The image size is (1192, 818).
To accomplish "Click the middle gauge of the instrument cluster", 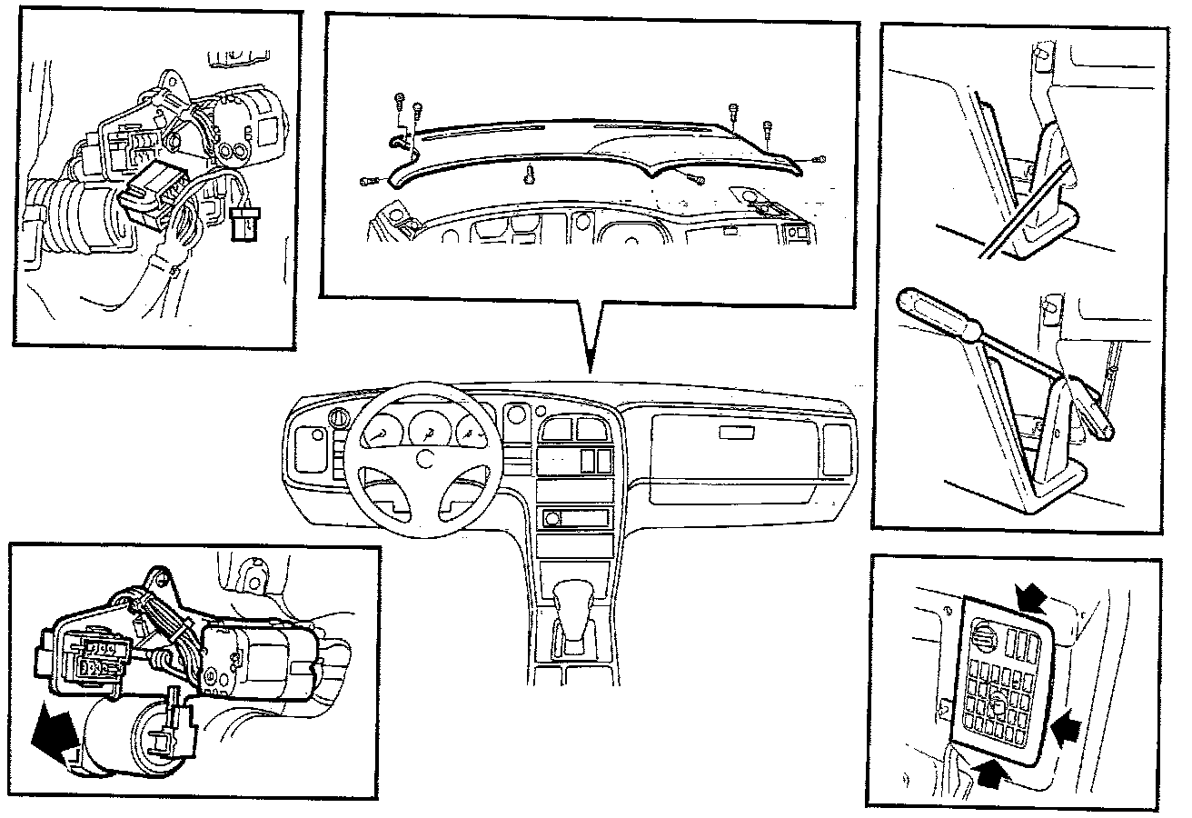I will (x=425, y=427).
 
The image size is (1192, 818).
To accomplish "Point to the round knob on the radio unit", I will (x=551, y=520).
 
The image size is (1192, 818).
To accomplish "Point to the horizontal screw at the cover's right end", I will (x=819, y=160).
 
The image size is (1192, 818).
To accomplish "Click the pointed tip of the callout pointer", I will (x=591, y=370).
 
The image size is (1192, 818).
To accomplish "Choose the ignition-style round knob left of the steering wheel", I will (x=339, y=419).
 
